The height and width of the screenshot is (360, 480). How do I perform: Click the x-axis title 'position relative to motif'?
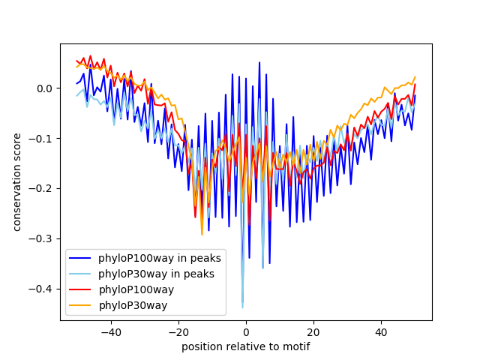point(245,346)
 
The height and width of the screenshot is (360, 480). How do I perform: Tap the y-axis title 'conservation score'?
point(16,182)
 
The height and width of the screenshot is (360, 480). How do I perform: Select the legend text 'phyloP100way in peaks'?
point(160,259)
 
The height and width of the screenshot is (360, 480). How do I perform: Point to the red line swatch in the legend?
point(81,290)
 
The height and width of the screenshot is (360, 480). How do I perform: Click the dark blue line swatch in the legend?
point(81,259)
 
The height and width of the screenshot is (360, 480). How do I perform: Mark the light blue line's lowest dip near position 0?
point(242,307)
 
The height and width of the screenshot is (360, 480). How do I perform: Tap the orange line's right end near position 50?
point(415,77)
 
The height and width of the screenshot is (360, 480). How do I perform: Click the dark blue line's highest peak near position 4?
point(259,63)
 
